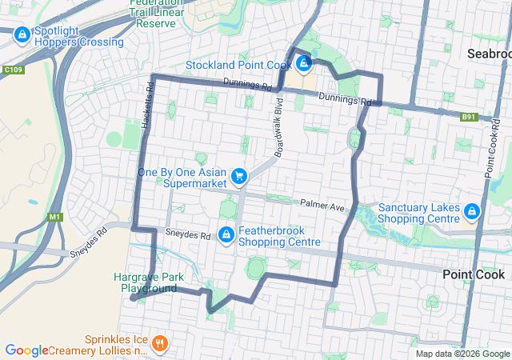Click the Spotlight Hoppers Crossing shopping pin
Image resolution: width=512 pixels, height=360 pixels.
[21, 34]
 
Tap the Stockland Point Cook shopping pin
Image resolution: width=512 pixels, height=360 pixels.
[304, 60]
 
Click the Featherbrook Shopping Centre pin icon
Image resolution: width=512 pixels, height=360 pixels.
[226, 234]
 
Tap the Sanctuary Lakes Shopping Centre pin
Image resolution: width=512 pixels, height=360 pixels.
[472, 211]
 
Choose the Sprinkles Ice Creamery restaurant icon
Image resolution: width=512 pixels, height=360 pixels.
[160, 344]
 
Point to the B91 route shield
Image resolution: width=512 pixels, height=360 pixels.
[469, 117]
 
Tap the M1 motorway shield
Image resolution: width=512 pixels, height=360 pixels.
[54, 217]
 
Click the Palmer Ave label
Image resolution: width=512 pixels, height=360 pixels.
[322, 206]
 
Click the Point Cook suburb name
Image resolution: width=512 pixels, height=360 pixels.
[474, 274]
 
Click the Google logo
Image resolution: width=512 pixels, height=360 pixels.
[26, 350]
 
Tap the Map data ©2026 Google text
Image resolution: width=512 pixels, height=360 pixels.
[462, 354]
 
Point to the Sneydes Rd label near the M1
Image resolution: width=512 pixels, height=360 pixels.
[90, 241]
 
